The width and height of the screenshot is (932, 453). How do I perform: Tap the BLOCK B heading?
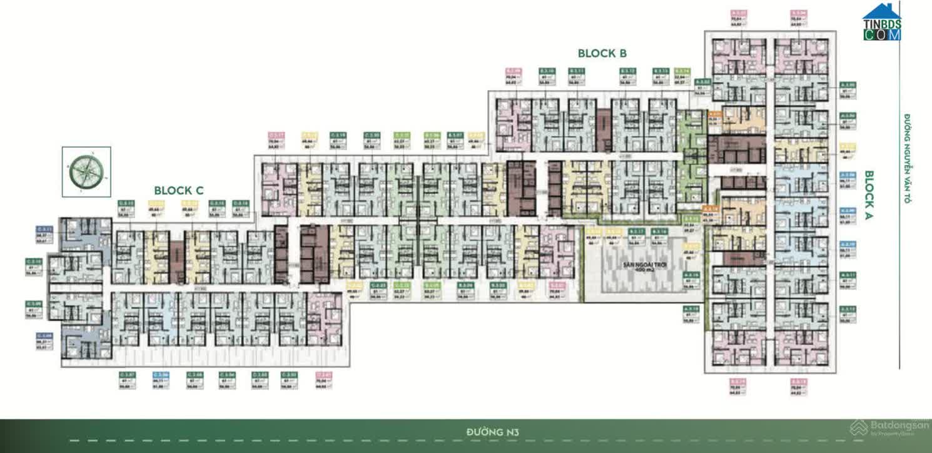[x=602, y=54]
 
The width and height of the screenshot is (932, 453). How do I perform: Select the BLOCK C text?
[x=179, y=190]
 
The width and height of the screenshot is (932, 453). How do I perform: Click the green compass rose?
[x=86, y=168]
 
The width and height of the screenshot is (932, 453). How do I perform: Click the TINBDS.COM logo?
[x=882, y=23]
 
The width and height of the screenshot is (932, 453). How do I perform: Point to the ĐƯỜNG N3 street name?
[x=493, y=432]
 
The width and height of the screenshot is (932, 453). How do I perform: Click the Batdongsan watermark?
[x=891, y=428]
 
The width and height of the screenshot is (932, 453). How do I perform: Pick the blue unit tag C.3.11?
[x=43, y=234]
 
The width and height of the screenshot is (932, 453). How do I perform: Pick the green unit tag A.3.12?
[x=848, y=313]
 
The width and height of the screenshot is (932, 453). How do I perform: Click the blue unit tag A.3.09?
[x=848, y=215]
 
